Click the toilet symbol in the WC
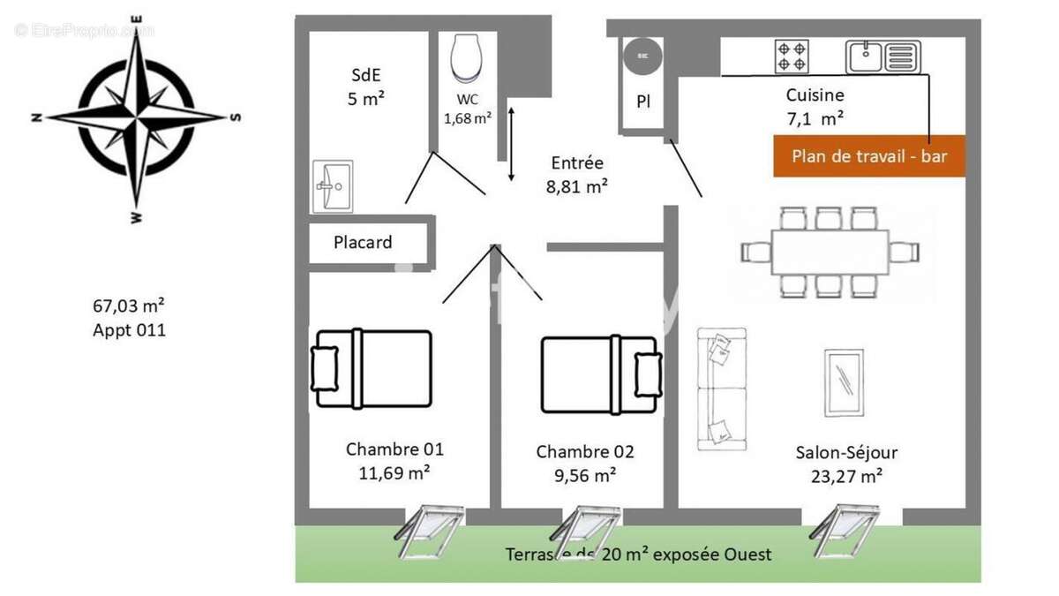pyautogui.click(x=465, y=58)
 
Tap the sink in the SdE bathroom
pyautogui.click(x=332, y=186)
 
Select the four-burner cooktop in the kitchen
pyautogui.click(x=791, y=57)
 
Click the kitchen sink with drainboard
pyautogui.click(x=882, y=57)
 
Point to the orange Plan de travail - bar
pyautogui.click(x=868, y=156)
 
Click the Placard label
pyautogui.click(x=363, y=242)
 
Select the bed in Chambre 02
pyautogui.click(x=601, y=373)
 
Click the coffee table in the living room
pyautogui.click(x=845, y=382)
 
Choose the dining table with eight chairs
pyautogui.click(x=829, y=252)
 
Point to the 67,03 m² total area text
pyautogui.click(x=129, y=306)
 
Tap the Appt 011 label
pyautogui.click(x=129, y=330)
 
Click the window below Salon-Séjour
pyautogui.click(x=845, y=530)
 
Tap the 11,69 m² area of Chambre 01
pyautogui.click(x=394, y=472)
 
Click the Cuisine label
pyautogui.click(x=815, y=95)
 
